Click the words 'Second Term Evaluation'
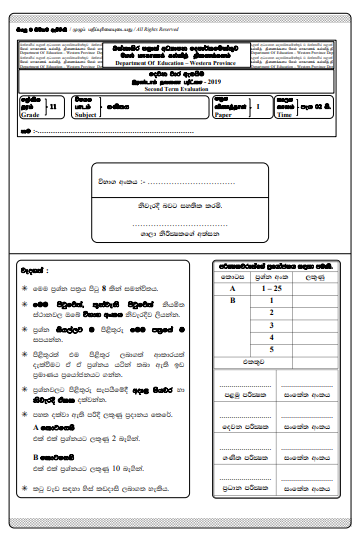coord(181,87)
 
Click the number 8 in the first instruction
coord(117,287)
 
